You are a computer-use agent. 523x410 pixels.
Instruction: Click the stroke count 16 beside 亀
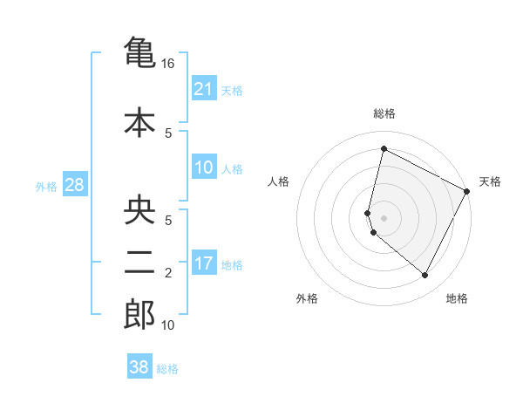coord(168,65)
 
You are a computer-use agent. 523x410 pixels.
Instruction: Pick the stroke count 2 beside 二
coord(168,274)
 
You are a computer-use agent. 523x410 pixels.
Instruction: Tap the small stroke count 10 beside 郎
coord(168,325)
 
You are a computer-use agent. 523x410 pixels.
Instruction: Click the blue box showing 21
coord(203,89)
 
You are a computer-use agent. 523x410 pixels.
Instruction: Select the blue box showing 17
coord(203,263)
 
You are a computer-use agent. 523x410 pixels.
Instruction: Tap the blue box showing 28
coord(74,185)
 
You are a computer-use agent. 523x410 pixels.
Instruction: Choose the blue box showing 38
coord(139,367)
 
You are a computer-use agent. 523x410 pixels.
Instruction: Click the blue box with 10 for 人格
coord(203,167)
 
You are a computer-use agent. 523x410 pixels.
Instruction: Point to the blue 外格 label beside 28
coord(46,186)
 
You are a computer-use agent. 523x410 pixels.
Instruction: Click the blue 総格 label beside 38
coord(167,369)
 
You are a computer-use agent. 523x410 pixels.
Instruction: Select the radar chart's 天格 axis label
coord(490,181)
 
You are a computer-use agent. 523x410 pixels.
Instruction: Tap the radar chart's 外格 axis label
coord(307,299)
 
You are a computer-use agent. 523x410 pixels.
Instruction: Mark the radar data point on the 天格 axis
coord(467,191)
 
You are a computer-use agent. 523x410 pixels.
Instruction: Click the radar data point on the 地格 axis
coord(425,276)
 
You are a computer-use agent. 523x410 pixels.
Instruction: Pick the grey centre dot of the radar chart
coord(384,217)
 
